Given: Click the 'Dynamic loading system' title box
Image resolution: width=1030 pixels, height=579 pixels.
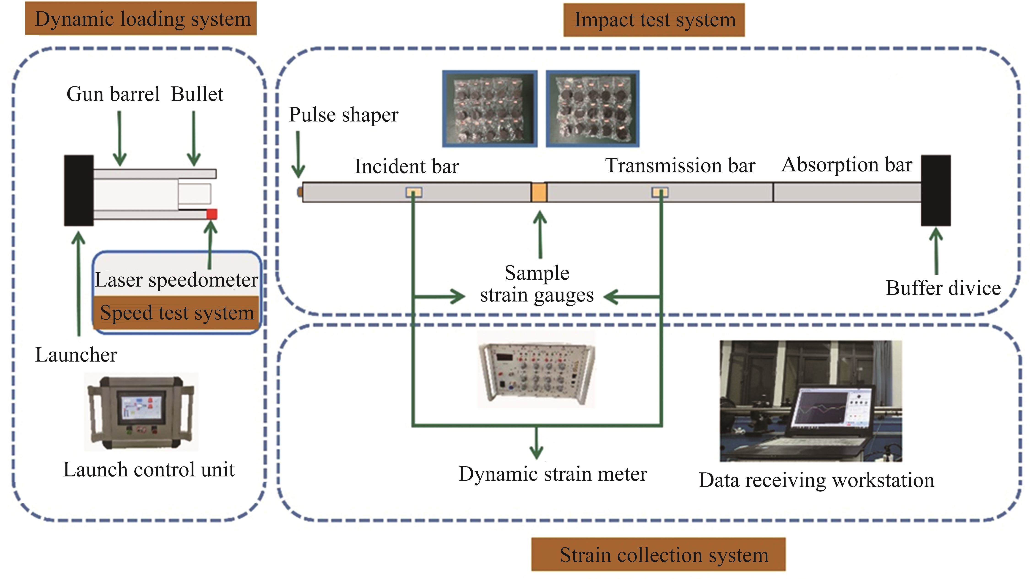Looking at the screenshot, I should (x=141, y=18).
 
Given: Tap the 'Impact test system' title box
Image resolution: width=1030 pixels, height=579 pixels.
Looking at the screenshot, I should (x=654, y=20).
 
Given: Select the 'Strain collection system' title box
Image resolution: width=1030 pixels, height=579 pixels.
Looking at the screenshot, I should (x=658, y=554).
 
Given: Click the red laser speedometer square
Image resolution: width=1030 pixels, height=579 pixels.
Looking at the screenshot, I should (x=211, y=214).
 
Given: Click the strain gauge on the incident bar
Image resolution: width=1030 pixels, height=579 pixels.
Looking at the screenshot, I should (x=414, y=193).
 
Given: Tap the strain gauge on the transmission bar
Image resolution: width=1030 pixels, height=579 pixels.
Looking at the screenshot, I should (x=660, y=193).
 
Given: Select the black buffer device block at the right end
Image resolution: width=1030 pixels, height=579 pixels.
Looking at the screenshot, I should (x=936, y=191).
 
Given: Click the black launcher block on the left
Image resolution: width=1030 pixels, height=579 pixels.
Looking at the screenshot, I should (x=79, y=191).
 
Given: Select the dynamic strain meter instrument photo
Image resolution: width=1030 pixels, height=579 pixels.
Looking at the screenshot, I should (x=537, y=370).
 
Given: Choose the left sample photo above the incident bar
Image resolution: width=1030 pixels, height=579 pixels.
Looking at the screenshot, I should (x=489, y=109).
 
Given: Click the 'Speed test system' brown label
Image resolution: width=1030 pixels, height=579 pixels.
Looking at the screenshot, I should (x=176, y=312).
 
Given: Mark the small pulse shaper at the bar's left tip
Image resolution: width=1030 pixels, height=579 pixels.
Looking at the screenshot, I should (x=299, y=192).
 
